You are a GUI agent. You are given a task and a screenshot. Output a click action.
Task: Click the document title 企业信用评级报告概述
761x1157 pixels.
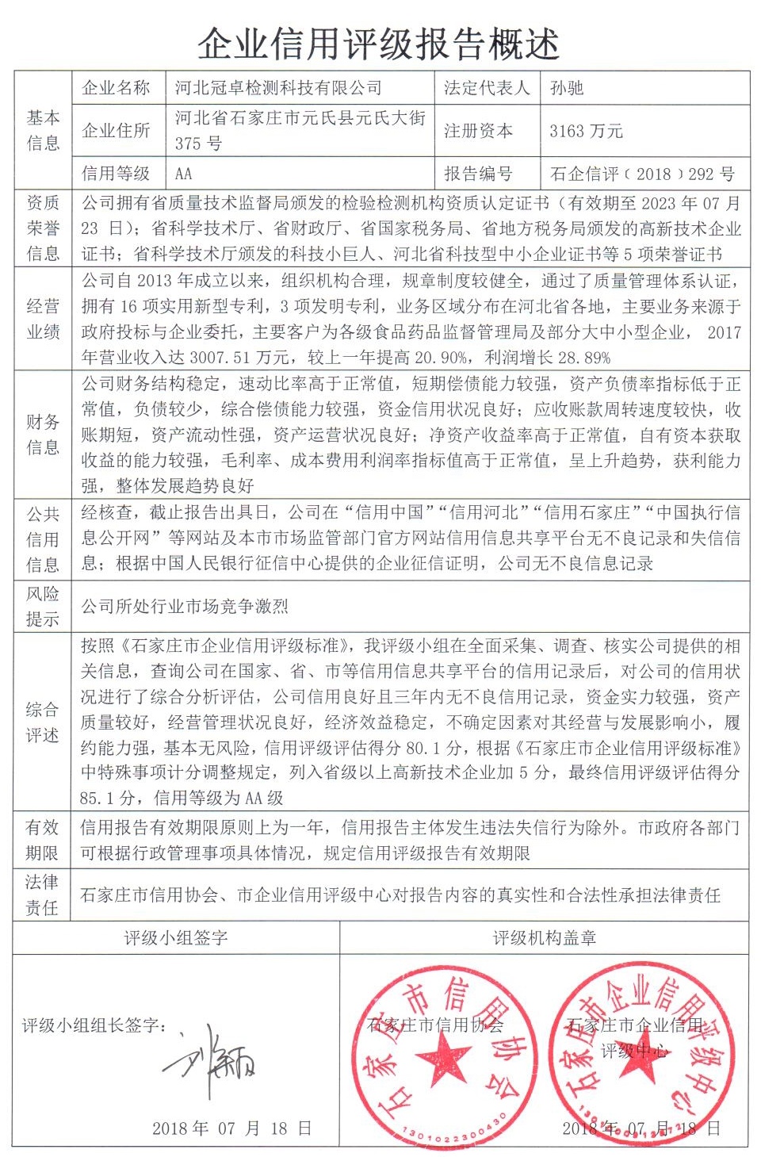click(379, 44)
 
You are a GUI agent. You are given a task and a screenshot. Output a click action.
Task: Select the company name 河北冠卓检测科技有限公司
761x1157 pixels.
click(278, 88)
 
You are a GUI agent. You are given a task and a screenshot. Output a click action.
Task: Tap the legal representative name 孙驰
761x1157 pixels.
click(567, 88)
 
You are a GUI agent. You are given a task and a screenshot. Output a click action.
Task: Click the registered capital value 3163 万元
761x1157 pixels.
click(586, 132)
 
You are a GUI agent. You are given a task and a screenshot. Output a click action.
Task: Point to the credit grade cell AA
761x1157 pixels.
click(184, 174)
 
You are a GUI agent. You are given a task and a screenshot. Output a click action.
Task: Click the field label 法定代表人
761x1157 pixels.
click(487, 88)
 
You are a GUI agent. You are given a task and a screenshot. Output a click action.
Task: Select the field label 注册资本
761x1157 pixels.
click(478, 132)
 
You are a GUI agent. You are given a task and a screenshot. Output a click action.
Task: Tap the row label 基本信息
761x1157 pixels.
click(43, 130)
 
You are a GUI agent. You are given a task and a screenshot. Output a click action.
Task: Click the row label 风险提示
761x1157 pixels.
click(43, 607)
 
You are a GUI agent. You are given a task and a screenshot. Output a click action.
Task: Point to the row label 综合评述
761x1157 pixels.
click(43, 722)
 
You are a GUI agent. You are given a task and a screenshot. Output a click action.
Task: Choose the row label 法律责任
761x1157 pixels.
click(43, 895)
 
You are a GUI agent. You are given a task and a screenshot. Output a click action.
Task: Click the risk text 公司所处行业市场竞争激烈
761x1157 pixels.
click(185, 607)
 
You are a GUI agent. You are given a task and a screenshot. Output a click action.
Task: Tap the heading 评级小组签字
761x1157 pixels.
click(176, 938)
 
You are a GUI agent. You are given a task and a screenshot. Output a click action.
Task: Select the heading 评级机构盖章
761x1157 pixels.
click(544, 938)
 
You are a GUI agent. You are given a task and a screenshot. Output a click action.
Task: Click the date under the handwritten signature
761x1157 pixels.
click(231, 1128)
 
